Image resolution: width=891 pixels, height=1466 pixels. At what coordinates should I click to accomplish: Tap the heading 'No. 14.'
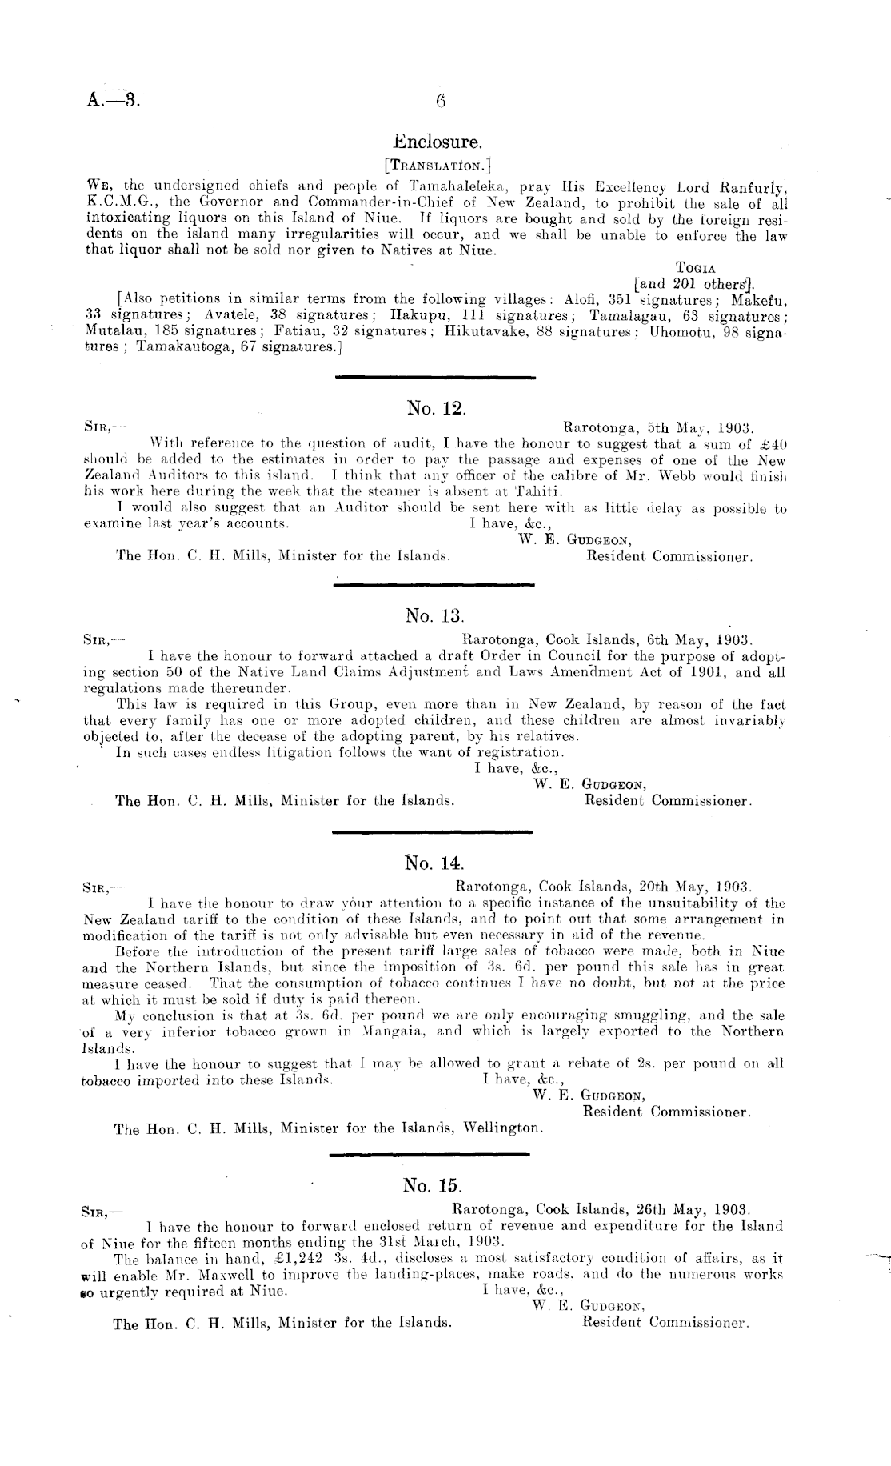435,863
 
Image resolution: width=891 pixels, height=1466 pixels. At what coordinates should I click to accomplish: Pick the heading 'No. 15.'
434,1185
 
